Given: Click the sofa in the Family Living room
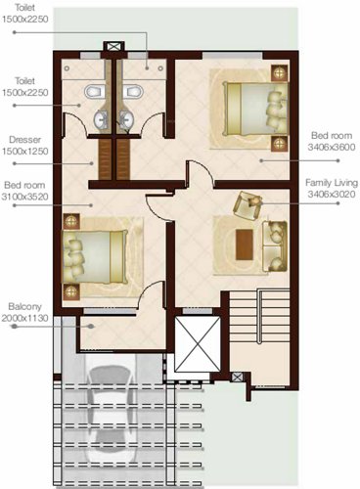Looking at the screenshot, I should [x=277, y=244].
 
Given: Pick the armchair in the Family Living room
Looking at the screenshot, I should [x=248, y=205].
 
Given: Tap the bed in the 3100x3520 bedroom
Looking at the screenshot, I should [x=95, y=256].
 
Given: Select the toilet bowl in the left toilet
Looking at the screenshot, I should [x=92, y=93].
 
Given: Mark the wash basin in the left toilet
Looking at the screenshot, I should [x=101, y=120].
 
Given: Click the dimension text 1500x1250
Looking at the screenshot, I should [x=26, y=153].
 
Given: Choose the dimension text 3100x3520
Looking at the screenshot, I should [x=26, y=197].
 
